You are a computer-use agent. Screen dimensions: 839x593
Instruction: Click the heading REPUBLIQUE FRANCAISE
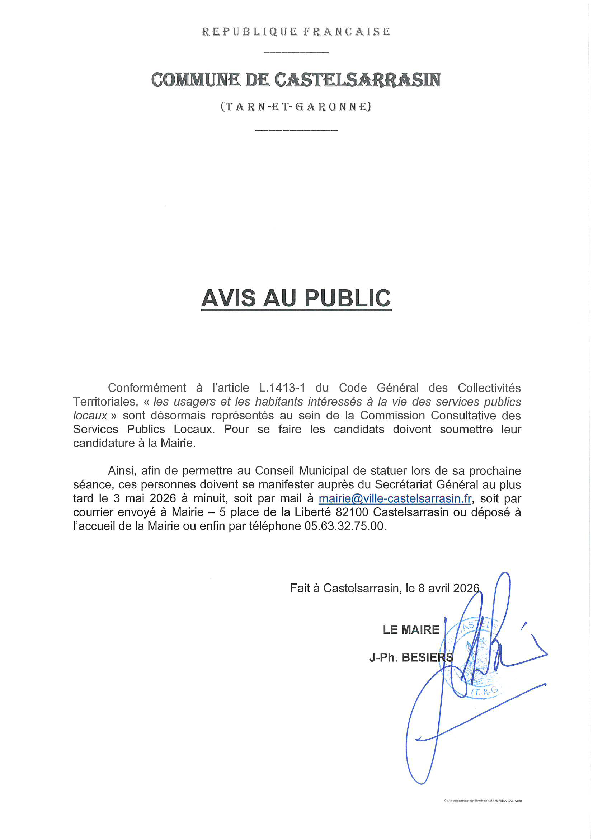[x=296, y=32]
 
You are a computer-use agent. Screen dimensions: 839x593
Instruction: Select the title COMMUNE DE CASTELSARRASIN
[x=296, y=80]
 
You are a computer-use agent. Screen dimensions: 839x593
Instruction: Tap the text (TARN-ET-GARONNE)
[x=296, y=107]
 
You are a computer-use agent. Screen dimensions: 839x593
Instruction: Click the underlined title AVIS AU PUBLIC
[x=296, y=298]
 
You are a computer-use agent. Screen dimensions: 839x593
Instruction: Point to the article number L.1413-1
[x=282, y=388]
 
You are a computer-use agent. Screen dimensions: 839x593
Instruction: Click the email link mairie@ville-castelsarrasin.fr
[x=395, y=498]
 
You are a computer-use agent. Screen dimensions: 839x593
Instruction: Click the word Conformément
[x=147, y=388]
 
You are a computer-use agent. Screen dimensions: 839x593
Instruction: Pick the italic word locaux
[x=90, y=416]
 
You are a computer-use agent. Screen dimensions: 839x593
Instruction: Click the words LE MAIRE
[x=411, y=629]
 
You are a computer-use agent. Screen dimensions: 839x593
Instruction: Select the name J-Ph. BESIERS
[x=411, y=657]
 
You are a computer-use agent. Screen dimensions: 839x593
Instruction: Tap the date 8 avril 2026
[x=449, y=588]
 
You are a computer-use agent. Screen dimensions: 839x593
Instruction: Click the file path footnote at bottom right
[x=483, y=801]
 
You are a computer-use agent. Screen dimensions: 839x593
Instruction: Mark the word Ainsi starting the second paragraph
[x=122, y=471]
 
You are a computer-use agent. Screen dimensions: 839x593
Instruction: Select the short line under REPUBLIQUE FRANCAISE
[x=296, y=53]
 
